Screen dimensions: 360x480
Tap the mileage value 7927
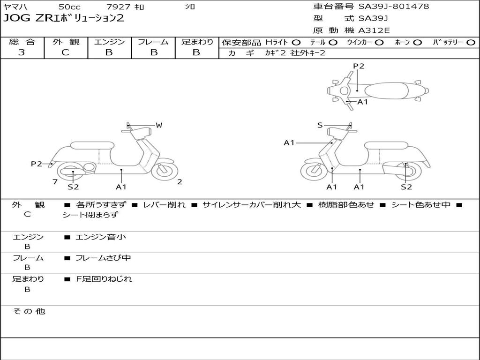tap(119, 7)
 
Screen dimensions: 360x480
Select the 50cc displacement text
tap(69, 7)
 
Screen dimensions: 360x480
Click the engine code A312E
tap(374, 31)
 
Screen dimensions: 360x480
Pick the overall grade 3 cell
tap(22, 52)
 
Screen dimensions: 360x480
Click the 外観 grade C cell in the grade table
tap(66, 52)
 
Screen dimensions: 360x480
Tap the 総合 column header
tap(22, 42)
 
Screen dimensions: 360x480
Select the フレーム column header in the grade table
tap(153, 42)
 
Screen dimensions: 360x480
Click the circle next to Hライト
tap(296, 42)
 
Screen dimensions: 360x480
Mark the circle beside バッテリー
tap(471, 42)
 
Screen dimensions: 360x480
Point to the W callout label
tap(159, 125)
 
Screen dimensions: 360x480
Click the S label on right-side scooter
tap(320, 125)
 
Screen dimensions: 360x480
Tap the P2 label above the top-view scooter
tap(359, 66)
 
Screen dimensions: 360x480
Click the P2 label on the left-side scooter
tap(37, 164)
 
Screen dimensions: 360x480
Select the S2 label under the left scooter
tap(73, 187)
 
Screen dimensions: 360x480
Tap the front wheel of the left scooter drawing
tap(165, 171)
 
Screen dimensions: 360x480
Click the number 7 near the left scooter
tap(55, 182)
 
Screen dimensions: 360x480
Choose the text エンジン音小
tap(101, 237)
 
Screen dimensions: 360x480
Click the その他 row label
tap(29, 311)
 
